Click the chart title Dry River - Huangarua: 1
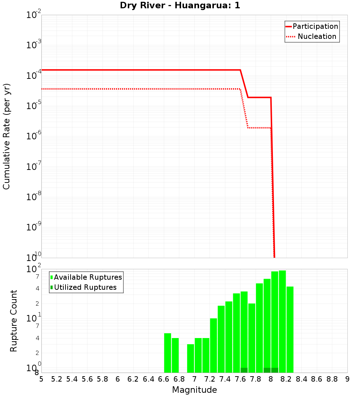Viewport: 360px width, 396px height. pyautogui.click(x=180, y=5)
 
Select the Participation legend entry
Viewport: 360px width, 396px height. pyautogui.click(x=315, y=26)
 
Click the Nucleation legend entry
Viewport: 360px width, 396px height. pyautogui.click(x=316, y=36)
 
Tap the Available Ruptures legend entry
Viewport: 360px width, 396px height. pyautogui.click(x=87, y=277)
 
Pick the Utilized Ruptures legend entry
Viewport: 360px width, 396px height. pyautogui.click(x=85, y=287)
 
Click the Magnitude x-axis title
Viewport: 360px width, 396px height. pyautogui.click(x=194, y=390)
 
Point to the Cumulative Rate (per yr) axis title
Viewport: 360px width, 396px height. pyautogui.click(x=6, y=136)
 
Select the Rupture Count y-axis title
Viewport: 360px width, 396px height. pyautogui.click(x=14, y=320)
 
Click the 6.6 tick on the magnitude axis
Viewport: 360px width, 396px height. pyautogui.click(x=164, y=379)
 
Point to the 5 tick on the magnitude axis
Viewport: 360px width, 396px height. pyautogui.click(x=41, y=379)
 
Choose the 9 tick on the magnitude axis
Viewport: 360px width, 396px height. pyautogui.click(x=347, y=379)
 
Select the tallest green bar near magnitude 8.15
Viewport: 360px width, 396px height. pyautogui.click(x=282, y=321)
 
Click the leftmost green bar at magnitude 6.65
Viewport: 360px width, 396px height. pyautogui.click(x=167, y=353)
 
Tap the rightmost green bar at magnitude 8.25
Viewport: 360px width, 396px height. pyautogui.click(x=290, y=329)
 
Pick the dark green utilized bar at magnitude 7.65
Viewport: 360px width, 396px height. pyautogui.click(x=244, y=370)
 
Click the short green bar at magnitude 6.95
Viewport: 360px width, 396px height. pyautogui.click(x=190, y=358)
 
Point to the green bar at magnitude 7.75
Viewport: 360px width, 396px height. pyautogui.click(x=252, y=338)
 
